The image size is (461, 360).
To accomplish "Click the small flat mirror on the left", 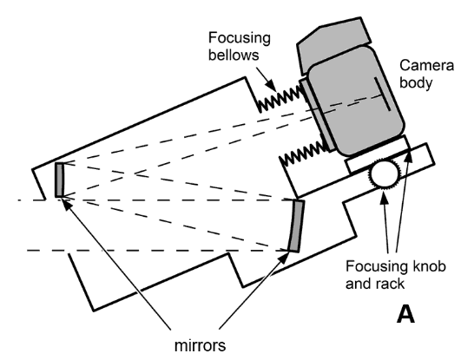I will tap(60, 180).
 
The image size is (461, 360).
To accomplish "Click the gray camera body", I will tap(356, 100).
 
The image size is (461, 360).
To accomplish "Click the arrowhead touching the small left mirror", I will tap(63, 197).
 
